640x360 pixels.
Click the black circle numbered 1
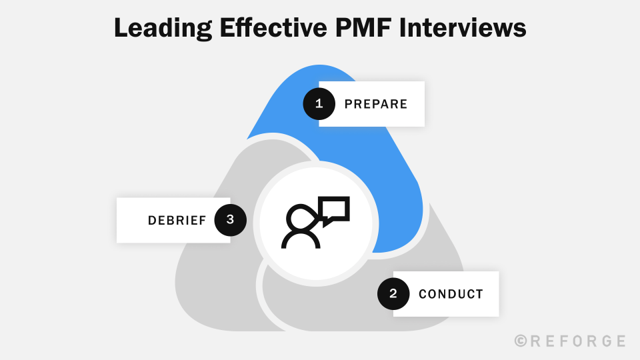(319, 103)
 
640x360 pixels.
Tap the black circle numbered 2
(393, 293)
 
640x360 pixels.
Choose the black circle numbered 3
(230, 220)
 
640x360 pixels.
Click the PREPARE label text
(375, 104)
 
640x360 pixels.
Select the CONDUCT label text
(451, 294)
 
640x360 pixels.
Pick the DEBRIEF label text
(177, 221)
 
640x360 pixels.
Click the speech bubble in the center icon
(335, 209)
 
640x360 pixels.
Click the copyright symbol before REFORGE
(521, 341)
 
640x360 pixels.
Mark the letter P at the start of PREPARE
(348, 104)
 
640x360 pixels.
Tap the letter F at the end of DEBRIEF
(202, 221)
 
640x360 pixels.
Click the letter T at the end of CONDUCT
(479, 294)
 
